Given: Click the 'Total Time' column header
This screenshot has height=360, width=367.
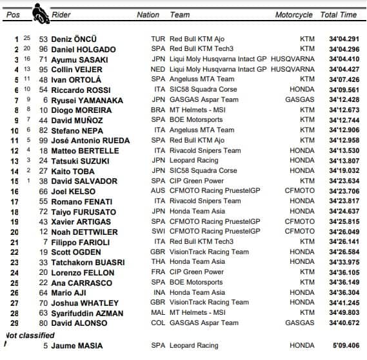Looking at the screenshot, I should (x=338, y=14).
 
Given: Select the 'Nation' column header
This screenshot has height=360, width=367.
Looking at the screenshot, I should (x=148, y=14).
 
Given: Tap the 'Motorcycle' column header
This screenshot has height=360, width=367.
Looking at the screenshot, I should (x=293, y=14).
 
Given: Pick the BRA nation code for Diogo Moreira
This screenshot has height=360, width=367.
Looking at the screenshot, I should (x=157, y=110).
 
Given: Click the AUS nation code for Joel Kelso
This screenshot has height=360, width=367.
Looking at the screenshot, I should (x=157, y=192).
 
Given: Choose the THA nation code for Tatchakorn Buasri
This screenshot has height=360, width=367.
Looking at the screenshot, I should (x=157, y=262).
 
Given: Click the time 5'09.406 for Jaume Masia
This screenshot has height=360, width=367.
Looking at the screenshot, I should (x=342, y=346).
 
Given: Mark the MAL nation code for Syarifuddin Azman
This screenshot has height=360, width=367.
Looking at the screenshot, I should (x=157, y=313).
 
